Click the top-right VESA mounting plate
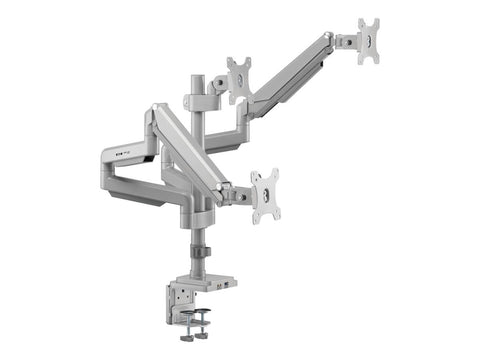369,40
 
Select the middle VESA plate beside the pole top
239,80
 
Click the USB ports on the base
230,284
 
